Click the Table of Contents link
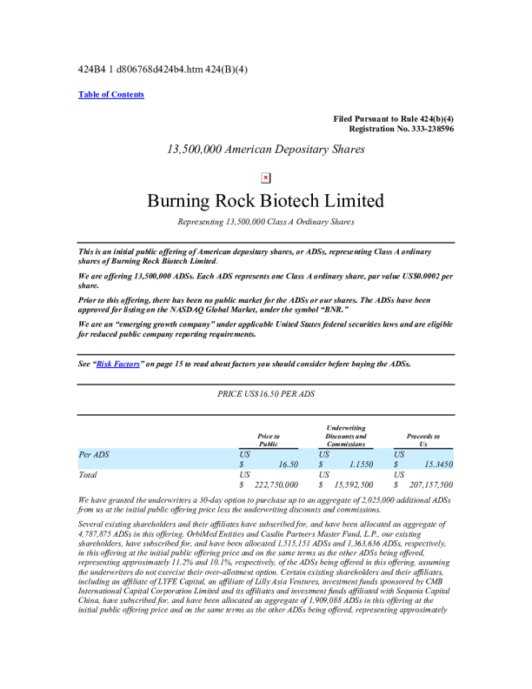(111, 94)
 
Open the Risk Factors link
(117, 364)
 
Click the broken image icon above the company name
(266, 177)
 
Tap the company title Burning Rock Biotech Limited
(265, 201)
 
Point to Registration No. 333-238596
(401, 129)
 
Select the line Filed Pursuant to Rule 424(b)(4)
(393, 118)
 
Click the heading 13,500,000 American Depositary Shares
(265, 149)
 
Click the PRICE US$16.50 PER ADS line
(265, 394)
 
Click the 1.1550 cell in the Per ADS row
(360, 465)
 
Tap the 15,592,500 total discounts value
(354, 485)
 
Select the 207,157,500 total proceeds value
(428, 485)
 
